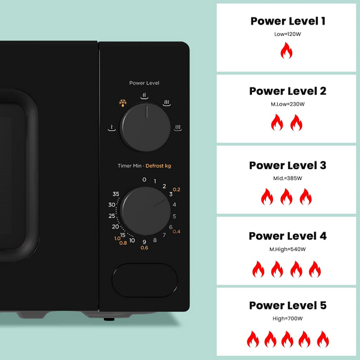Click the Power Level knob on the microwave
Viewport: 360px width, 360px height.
click(145, 127)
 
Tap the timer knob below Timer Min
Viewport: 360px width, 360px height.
click(145, 211)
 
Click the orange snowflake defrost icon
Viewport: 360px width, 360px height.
click(123, 103)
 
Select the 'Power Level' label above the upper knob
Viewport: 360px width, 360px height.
click(144, 83)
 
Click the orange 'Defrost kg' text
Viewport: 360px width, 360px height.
click(158, 166)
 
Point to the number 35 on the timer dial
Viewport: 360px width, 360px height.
click(116, 194)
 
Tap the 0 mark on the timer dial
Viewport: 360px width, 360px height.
click(144, 179)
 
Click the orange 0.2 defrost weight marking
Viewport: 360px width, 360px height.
click(176, 190)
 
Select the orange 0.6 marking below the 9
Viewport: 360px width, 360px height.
click(144, 248)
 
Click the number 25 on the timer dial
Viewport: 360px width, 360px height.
click(112, 216)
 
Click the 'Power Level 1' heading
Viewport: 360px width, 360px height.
click(288, 21)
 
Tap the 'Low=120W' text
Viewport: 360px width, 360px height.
click(287, 34)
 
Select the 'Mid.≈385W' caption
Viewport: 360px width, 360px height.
click(287, 178)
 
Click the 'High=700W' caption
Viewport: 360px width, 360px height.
click(287, 319)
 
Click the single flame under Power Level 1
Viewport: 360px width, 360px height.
click(286, 50)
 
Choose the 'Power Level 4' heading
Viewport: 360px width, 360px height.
click(287, 236)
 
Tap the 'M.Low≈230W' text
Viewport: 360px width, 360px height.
click(287, 104)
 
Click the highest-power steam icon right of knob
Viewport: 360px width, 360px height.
click(178, 128)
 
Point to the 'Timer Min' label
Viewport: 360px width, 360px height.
click(130, 166)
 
